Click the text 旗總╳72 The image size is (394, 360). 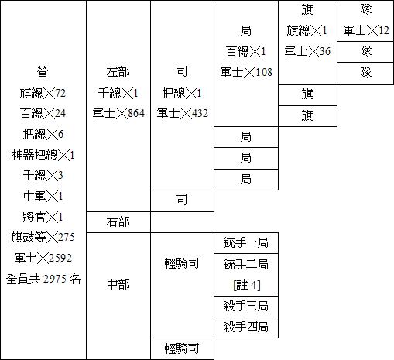pyautogui.click(x=43, y=93)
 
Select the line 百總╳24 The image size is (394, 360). pyautogui.click(x=43, y=113)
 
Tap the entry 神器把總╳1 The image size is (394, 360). pyautogui.click(x=43, y=155)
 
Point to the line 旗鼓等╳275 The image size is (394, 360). pyautogui.click(x=43, y=237)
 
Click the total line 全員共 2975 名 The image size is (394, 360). pyautogui.click(x=43, y=279)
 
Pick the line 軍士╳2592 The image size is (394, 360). pyautogui.click(x=43, y=258)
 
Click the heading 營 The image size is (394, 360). pyautogui.click(x=43, y=71)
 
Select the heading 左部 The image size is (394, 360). pyautogui.click(x=118, y=71)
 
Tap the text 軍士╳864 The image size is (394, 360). pyautogui.click(x=118, y=113)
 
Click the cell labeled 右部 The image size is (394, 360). pyautogui.click(x=118, y=222)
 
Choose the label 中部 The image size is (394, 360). pyautogui.click(x=118, y=284)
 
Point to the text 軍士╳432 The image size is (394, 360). pyautogui.click(x=183, y=113)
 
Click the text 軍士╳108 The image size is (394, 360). pyautogui.click(x=246, y=72)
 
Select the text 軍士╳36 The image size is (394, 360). pyautogui.click(x=307, y=51)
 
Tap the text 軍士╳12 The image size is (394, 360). pyautogui.click(x=366, y=30)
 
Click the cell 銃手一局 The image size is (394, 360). pyautogui.click(x=246, y=243)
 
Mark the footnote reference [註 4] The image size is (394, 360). pyautogui.click(x=247, y=286)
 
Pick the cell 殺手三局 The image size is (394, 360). pyautogui.click(x=246, y=307)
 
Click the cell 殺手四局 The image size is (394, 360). pyautogui.click(x=246, y=327)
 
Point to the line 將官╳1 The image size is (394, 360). pyautogui.click(x=43, y=217)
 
